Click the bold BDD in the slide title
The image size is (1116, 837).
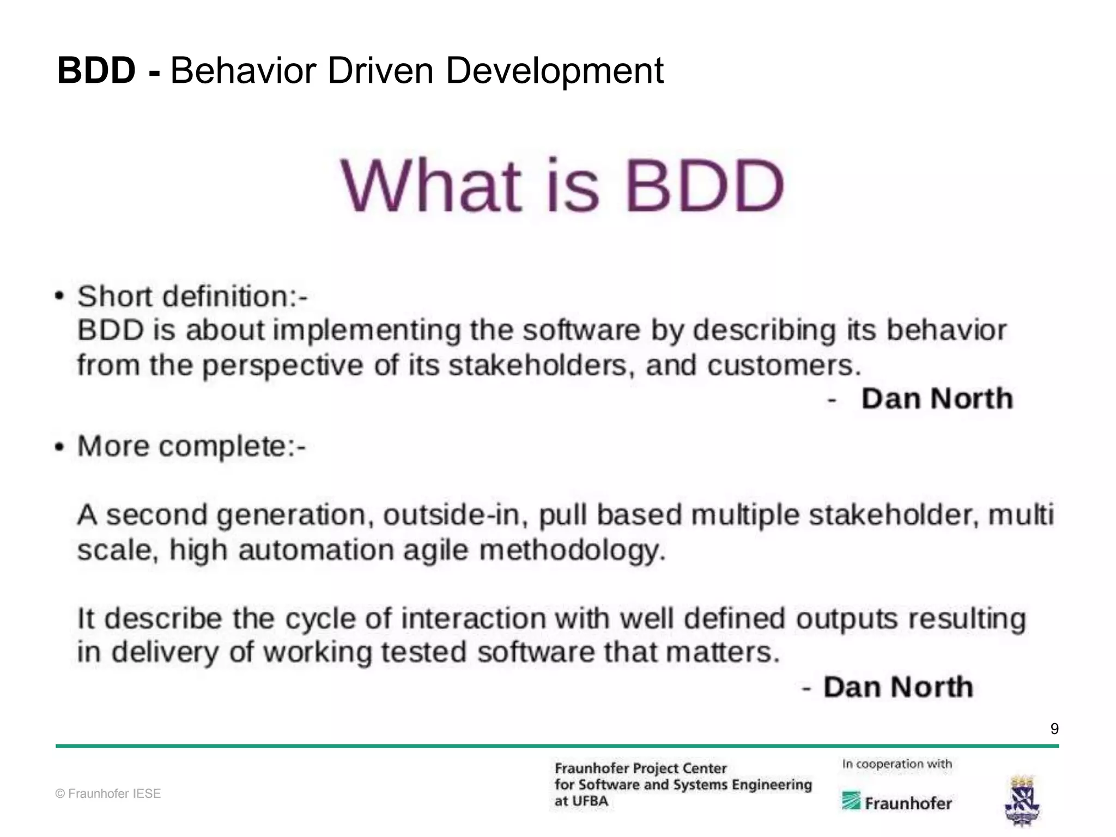pyautogui.click(x=96, y=71)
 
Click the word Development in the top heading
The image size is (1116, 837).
pyautogui.click(x=554, y=72)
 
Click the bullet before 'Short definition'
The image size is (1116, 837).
pyautogui.click(x=59, y=296)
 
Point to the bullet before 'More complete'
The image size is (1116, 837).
pyautogui.click(x=59, y=447)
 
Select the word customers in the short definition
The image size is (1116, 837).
pyautogui.click(x=783, y=365)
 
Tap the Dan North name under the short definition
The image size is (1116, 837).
pyautogui.click(x=937, y=398)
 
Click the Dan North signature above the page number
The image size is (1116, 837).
pyautogui.click(x=898, y=687)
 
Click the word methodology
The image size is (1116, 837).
pyautogui.click(x=572, y=550)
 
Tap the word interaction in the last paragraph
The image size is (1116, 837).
pyautogui.click(x=474, y=619)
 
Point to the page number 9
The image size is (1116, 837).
pyautogui.click(x=1054, y=729)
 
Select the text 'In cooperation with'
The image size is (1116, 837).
pyautogui.click(x=897, y=764)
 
